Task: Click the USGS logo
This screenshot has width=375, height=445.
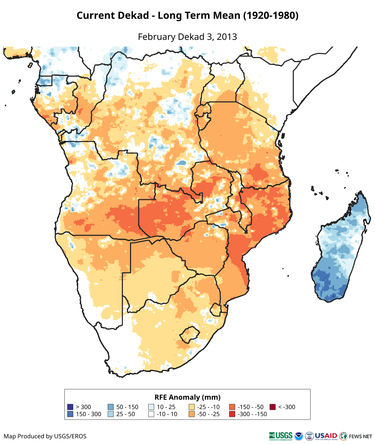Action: coord(280,436)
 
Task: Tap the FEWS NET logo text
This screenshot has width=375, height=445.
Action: coord(361,436)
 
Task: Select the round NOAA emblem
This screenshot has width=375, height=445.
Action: coord(299,436)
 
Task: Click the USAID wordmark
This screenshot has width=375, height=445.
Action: coord(326,435)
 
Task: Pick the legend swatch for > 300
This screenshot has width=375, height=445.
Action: coord(70,407)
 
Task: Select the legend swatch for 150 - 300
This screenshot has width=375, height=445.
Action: coord(70,414)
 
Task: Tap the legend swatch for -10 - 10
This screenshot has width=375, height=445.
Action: coord(151,414)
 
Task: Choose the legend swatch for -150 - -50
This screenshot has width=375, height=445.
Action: coord(232,407)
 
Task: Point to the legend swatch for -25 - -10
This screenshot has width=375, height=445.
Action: coord(192,407)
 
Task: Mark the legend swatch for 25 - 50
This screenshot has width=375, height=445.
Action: coord(111,414)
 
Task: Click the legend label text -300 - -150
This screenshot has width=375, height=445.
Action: coord(252,414)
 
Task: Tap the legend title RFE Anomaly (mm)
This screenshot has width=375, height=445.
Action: coord(187,397)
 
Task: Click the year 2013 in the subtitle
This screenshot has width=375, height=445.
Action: coord(227,37)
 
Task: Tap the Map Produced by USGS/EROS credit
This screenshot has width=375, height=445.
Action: coord(45,436)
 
